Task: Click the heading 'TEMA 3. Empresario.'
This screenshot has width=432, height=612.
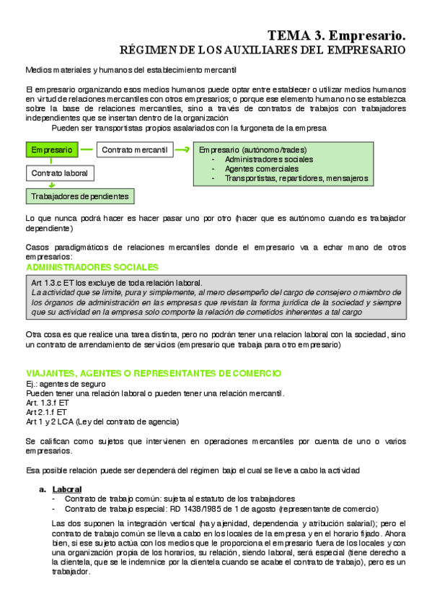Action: coord(336,35)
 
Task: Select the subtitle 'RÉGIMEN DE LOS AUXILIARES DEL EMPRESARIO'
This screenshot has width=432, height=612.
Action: coord(261,50)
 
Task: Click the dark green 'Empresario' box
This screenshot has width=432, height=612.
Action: coord(52,150)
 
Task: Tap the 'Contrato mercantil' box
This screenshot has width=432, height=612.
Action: coord(135,150)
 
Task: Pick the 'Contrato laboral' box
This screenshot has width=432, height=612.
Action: coord(61,173)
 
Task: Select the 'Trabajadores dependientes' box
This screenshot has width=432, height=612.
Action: coord(79,196)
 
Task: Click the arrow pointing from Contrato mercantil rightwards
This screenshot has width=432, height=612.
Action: coord(182,150)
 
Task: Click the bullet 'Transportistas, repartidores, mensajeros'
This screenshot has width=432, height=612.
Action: coord(296,178)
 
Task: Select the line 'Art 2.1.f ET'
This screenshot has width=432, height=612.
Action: coord(48,412)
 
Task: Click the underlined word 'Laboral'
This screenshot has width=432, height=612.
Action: coord(67,489)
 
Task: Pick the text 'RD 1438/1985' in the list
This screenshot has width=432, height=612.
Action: coord(211,508)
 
